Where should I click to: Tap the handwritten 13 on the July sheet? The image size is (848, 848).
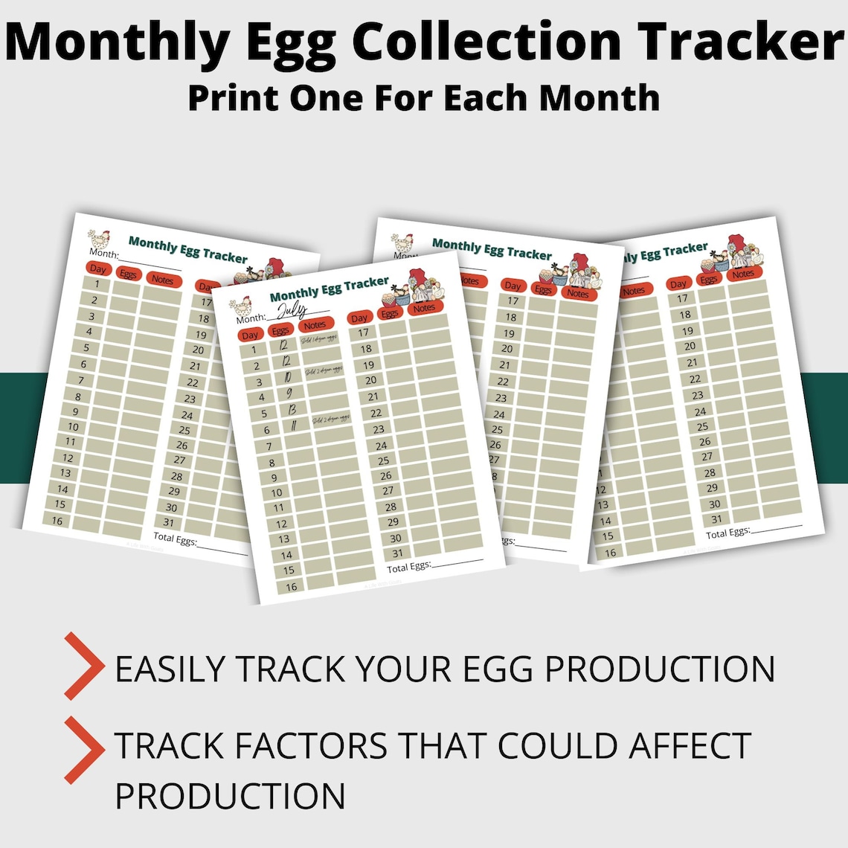[x=292, y=410]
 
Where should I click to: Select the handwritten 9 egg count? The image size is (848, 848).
[x=289, y=394]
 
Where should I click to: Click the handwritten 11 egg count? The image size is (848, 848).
[x=295, y=426]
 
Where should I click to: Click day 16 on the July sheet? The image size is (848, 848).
[x=291, y=586]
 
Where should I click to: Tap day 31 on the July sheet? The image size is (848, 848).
[x=397, y=553]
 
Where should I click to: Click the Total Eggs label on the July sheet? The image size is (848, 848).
[x=408, y=567]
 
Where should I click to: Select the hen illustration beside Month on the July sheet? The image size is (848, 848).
[x=240, y=307]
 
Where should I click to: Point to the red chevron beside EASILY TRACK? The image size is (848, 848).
[x=84, y=666]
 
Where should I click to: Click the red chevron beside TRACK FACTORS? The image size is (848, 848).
[x=84, y=750]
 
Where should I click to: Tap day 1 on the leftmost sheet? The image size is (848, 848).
[x=97, y=284]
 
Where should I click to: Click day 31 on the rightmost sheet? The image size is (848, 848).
[x=716, y=519]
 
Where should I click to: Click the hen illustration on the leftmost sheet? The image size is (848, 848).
[x=99, y=239]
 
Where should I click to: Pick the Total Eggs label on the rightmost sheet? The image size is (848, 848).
[x=727, y=533]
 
